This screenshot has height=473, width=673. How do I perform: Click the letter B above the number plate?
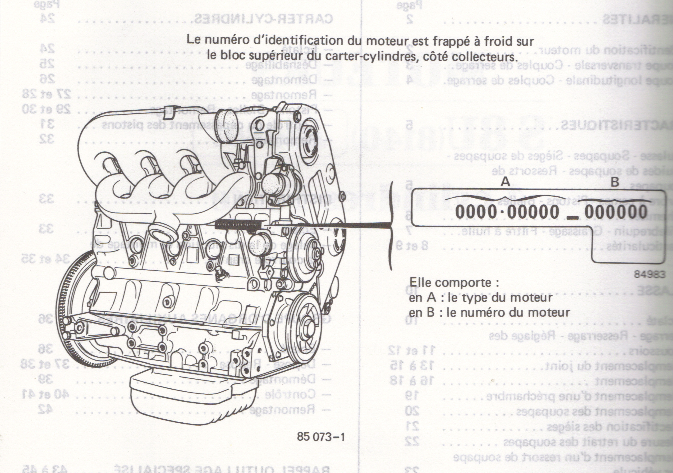click(614, 182)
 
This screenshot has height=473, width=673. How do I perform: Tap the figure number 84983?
click(649, 274)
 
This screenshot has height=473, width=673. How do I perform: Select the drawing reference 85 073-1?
click(321, 437)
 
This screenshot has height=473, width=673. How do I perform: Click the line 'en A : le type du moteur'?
click(480, 298)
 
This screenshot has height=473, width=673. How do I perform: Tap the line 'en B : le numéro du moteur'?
click(490, 313)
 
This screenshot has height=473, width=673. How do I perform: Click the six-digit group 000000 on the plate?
click(616, 212)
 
